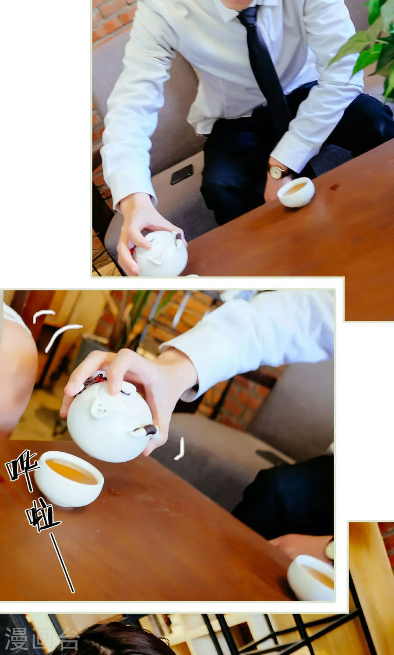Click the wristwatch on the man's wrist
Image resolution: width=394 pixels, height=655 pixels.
point(278,172)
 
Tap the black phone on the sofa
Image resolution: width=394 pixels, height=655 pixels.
point(182,174)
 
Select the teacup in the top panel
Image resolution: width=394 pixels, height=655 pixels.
point(296,192)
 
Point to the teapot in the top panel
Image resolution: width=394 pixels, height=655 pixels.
point(161,254)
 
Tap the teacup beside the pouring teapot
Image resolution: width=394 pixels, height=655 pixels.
point(70,478)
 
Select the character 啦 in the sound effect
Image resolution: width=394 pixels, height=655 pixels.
point(42,516)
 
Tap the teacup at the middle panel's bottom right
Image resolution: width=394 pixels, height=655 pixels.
point(311,577)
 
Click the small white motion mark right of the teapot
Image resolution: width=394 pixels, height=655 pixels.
point(180,450)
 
